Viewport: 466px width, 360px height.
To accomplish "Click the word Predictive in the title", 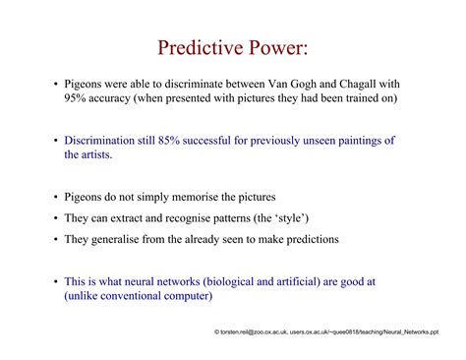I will tap(196, 49).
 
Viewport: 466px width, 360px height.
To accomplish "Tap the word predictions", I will tap(303, 239).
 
